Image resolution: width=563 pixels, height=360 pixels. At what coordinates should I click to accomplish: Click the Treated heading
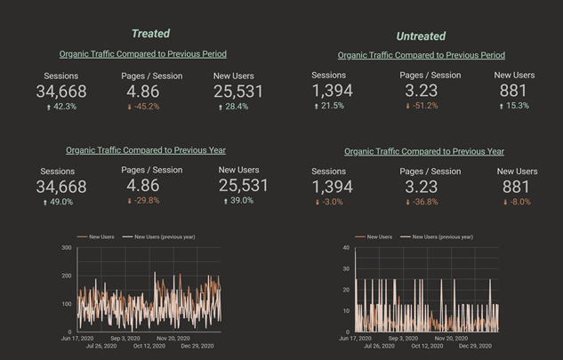pos(150,34)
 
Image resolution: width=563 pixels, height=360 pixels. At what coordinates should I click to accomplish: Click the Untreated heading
pos(421,36)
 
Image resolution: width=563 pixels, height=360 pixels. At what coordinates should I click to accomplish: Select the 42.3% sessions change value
pos(61,107)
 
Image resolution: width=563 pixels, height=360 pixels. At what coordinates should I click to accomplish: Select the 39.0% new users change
pos(241,202)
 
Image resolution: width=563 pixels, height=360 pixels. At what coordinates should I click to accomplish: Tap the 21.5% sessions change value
pos(333,106)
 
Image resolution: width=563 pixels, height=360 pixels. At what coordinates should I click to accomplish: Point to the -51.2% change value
pos(423,106)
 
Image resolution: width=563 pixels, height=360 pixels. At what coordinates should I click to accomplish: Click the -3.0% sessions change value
pos(333,202)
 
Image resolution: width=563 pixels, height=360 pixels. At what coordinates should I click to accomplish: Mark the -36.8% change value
pos(423,202)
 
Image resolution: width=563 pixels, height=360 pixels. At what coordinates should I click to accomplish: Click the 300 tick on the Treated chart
pos(66,247)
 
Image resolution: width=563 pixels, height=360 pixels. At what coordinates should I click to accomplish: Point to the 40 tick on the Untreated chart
pos(345,248)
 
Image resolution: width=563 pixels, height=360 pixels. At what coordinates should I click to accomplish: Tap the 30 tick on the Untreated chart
pos(345,269)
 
